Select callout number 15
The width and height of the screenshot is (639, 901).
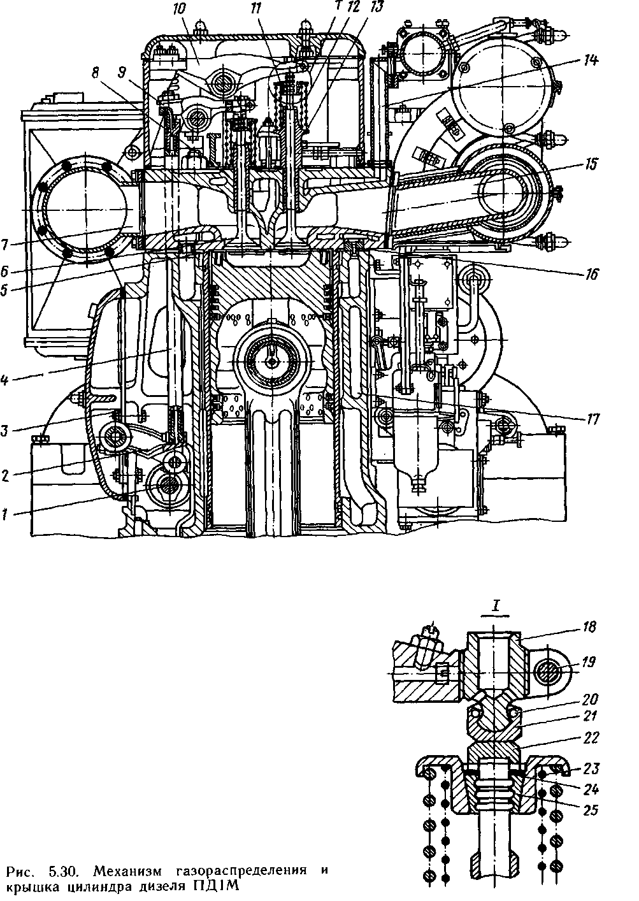pyautogui.click(x=591, y=164)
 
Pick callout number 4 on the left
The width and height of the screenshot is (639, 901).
pyautogui.click(x=5, y=381)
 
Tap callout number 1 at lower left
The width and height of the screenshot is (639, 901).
pyautogui.click(x=5, y=513)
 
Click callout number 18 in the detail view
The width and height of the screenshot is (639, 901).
pyautogui.click(x=590, y=628)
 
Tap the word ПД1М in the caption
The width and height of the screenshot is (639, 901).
pyautogui.click(x=219, y=886)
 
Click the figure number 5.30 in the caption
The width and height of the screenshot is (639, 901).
pyautogui.click(x=62, y=869)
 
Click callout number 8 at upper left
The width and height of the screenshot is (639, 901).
pyautogui.click(x=96, y=73)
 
